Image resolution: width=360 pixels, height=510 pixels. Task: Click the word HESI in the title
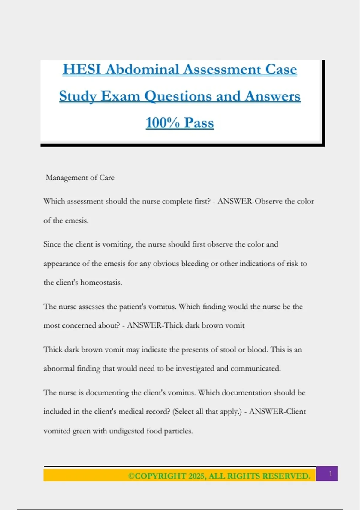tap(82, 70)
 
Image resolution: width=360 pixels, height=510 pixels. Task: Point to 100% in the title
tap(163, 123)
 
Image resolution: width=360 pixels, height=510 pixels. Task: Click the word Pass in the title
tap(199, 123)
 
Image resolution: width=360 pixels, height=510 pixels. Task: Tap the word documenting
tap(107, 393)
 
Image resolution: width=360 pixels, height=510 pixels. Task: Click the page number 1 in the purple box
tap(331, 474)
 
